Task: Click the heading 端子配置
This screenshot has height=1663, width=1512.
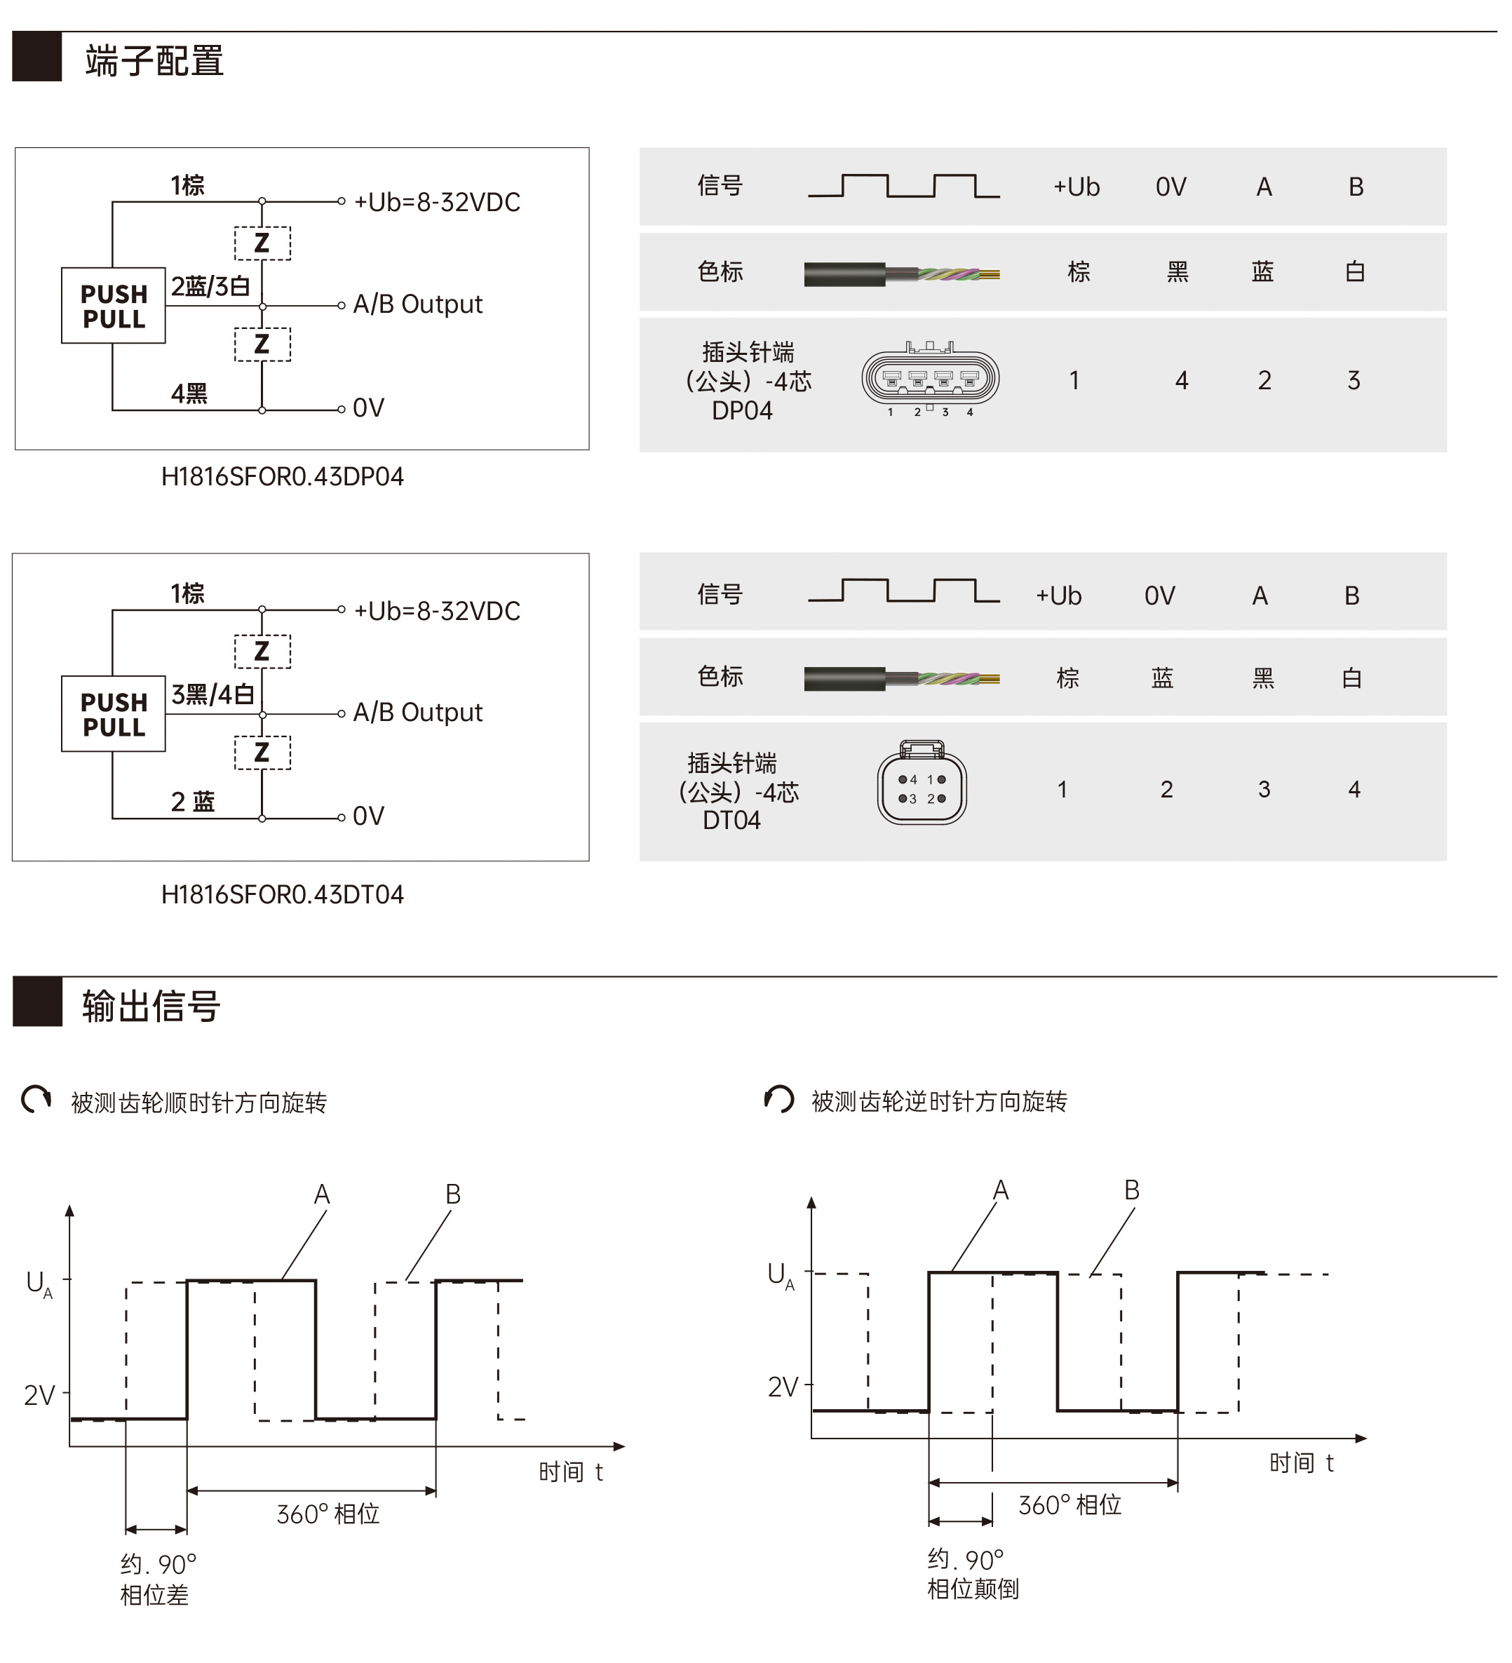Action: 154,61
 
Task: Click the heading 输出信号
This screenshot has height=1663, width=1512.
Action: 151,1006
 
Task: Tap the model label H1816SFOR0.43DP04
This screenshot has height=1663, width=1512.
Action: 282,477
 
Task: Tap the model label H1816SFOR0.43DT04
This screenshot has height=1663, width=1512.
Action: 282,895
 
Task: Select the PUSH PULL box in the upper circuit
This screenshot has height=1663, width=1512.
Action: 113,305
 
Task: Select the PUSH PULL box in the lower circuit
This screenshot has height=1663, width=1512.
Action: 113,714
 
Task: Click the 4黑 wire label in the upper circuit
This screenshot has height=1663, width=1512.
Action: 189,393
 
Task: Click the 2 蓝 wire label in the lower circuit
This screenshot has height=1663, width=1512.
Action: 192,802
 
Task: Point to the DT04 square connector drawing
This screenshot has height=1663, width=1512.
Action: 922,782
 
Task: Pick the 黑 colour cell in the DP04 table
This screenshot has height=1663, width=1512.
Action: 1177,271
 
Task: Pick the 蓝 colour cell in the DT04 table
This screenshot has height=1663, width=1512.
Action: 1162,678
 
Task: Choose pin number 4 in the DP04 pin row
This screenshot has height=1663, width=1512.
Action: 1181,380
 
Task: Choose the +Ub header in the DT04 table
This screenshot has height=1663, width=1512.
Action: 1058,595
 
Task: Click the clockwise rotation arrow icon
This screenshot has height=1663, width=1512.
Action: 36,1100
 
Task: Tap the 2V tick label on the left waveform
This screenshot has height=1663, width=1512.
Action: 39,1395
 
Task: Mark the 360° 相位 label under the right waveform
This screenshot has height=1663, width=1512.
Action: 1070,1505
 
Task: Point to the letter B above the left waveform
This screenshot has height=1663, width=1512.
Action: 453,1194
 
